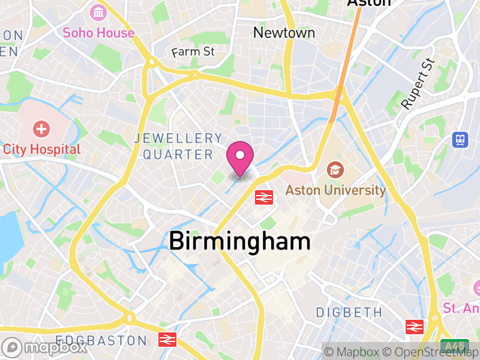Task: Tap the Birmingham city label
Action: (x=239, y=241)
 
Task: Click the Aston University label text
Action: (x=335, y=191)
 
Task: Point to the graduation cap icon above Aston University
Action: (x=333, y=170)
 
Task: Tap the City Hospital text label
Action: (x=41, y=149)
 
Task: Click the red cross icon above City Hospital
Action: (x=41, y=128)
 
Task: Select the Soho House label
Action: (x=98, y=32)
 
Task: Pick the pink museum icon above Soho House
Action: (x=98, y=12)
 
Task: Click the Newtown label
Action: (x=284, y=32)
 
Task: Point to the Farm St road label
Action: (x=193, y=52)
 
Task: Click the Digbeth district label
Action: (x=349, y=312)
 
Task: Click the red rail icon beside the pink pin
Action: (x=264, y=197)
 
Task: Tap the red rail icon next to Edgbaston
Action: (x=167, y=340)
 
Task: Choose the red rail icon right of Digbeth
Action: (x=415, y=326)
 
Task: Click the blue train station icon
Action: (x=460, y=140)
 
